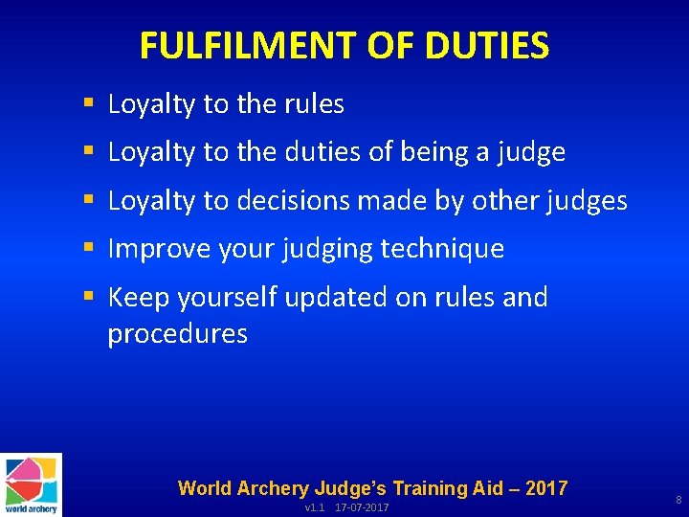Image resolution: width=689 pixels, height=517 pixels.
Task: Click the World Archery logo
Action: [x=31, y=484]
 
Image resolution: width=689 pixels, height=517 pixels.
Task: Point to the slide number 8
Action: [x=678, y=500]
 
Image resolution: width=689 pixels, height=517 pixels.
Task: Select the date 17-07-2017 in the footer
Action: [x=362, y=507]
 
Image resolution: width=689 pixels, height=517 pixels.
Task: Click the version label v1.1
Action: [x=315, y=507]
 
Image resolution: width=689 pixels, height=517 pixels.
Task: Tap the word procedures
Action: [x=177, y=333]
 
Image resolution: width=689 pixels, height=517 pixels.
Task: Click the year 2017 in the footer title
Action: [x=545, y=488]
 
